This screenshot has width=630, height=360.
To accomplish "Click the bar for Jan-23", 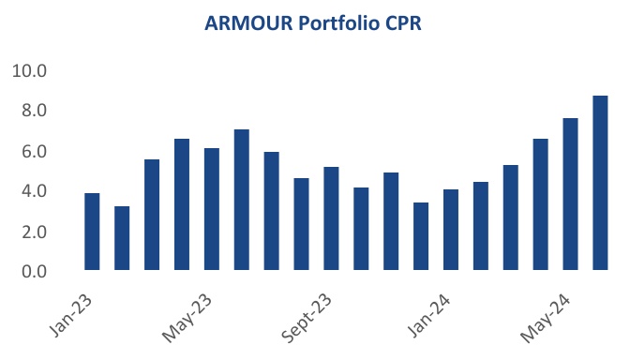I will tap(92, 232).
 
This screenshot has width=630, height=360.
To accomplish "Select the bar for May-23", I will tap(212, 209).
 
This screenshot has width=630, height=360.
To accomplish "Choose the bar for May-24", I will tap(570, 194).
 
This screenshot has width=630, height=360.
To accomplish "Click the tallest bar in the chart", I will tap(600, 183).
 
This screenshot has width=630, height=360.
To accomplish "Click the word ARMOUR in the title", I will tap(247, 23).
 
